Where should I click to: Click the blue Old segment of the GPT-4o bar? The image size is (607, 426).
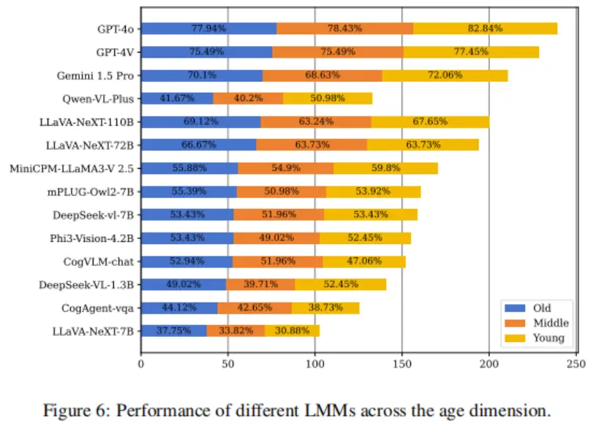208,28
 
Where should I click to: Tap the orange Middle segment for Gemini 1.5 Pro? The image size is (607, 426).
323,75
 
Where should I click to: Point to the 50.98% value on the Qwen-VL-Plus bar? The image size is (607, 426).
328,98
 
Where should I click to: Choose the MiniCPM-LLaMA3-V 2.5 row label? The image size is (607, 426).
72,168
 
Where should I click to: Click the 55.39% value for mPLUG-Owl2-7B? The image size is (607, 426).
189,191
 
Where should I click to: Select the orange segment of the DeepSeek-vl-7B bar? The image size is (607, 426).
279,215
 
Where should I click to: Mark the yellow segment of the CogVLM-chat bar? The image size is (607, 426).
363,261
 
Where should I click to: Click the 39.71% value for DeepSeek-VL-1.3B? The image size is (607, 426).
260,284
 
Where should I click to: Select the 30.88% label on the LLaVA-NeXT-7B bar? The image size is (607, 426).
292,331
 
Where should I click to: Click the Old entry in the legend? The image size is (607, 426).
542,308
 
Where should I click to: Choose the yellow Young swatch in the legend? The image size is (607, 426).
514,338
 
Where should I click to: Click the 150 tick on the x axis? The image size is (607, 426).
402,363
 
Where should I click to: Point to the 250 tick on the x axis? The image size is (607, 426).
576,363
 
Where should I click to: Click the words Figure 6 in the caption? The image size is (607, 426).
75,409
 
